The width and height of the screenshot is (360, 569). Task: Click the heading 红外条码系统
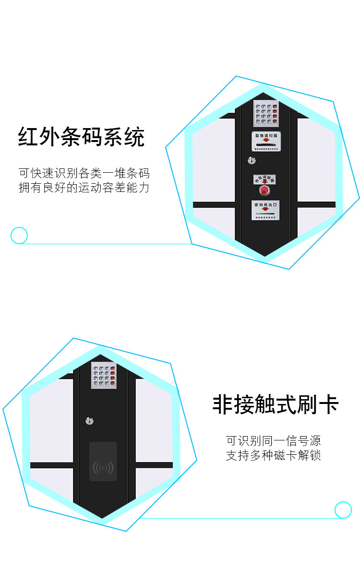[x=81, y=137]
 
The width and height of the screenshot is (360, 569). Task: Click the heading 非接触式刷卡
[x=276, y=404]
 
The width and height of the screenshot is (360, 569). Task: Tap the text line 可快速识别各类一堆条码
[x=84, y=173]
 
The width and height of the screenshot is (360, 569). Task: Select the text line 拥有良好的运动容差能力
[x=84, y=188]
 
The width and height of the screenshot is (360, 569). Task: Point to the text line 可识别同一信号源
[x=273, y=440]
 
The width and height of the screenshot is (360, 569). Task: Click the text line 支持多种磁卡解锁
[x=273, y=455]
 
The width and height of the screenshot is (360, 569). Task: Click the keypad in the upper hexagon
[x=266, y=113]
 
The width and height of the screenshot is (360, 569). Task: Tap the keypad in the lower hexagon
[x=104, y=375]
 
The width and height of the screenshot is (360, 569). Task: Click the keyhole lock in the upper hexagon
[x=251, y=160]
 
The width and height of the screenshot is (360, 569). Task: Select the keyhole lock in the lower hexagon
[x=90, y=421]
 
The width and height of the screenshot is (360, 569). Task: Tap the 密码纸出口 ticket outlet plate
[x=265, y=210]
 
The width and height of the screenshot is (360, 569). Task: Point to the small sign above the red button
[x=265, y=179]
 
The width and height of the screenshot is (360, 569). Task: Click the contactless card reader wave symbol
[x=103, y=467]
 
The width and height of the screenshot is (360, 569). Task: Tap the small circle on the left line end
[x=19, y=236]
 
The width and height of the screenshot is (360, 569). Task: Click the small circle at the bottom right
[x=343, y=510]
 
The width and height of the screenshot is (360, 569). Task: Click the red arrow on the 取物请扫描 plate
[x=266, y=141]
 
